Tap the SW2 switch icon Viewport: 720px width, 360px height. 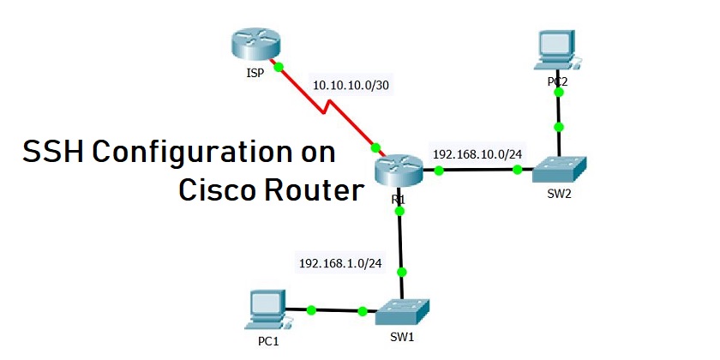[x=559, y=169]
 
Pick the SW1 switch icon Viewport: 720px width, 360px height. [x=403, y=309]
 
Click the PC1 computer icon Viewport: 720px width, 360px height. [x=266, y=309]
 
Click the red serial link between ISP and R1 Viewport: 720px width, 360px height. [x=326, y=106]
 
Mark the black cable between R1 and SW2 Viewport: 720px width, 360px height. [x=477, y=171]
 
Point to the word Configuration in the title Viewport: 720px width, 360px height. [x=182, y=154]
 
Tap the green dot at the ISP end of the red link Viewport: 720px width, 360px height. [x=277, y=65]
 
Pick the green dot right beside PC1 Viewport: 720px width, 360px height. [x=311, y=309]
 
